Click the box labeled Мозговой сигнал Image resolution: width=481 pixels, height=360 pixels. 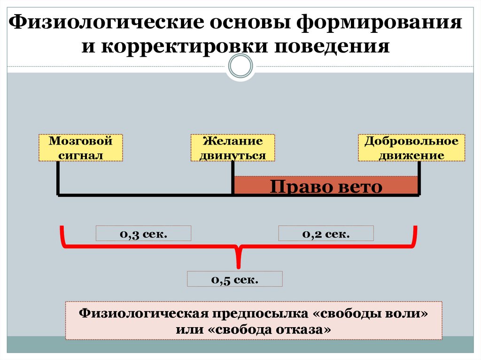click(81, 148)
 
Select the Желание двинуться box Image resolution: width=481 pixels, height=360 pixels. click(233, 148)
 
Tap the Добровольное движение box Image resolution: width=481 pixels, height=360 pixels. click(411, 148)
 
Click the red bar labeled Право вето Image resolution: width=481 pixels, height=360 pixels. click(326, 185)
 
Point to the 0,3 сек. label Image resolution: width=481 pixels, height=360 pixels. click(144, 233)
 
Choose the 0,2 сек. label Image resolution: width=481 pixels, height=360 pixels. click(326, 233)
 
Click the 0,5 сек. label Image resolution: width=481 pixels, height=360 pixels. click(235, 279)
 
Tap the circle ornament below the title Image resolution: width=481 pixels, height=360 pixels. click(240, 67)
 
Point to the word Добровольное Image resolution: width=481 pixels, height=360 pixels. click(411, 141)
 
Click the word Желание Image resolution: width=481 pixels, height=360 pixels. click(233, 141)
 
